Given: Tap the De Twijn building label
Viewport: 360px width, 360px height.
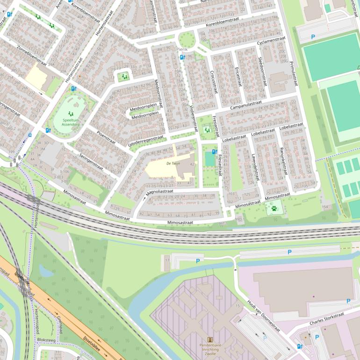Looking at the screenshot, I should pos(173,164).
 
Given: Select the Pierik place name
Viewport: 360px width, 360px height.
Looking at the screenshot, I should pos(181,49).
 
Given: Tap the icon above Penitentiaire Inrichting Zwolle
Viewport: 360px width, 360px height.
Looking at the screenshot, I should pos(209,340).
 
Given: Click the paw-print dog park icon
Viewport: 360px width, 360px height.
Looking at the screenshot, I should pos(274,209).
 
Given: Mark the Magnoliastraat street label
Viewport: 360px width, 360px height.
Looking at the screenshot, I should pos(159,192).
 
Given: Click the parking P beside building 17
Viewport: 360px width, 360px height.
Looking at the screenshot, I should pos(198,261).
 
